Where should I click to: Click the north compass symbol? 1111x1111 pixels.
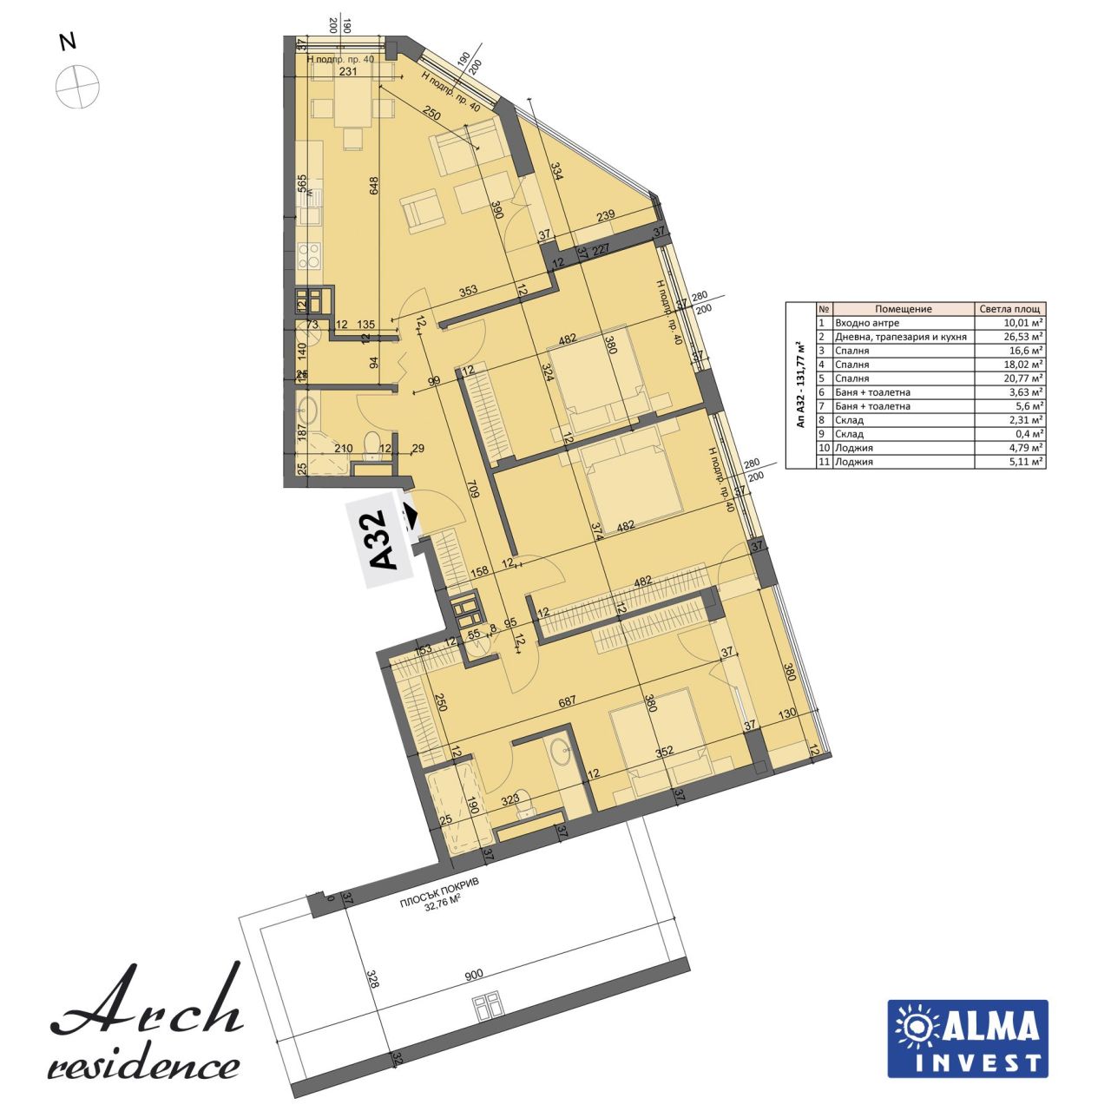pos(77,85)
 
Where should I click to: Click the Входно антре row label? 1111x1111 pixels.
pos(869,323)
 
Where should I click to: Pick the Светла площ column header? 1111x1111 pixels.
pos(1011,309)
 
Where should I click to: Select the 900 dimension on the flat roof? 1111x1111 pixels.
pos(474,975)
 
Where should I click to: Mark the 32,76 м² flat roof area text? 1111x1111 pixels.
pos(440,900)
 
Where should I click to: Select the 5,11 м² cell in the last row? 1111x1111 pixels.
pos(1012,462)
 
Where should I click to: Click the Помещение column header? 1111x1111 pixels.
pos(903,309)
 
